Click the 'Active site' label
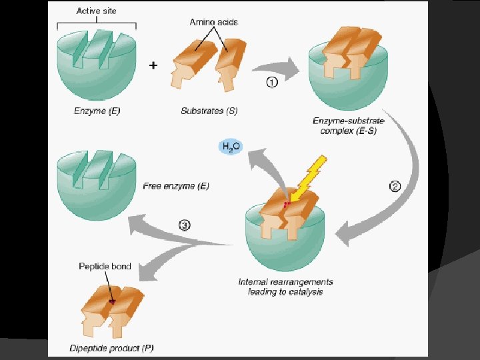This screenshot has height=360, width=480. [97, 11]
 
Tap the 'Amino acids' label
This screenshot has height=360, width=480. [213, 22]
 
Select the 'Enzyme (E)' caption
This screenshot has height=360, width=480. [97, 111]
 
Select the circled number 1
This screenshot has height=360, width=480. [271, 84]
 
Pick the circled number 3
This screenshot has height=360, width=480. [184, 225]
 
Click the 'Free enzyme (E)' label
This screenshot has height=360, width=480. [176, 186]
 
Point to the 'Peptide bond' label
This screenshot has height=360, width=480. [105, 267]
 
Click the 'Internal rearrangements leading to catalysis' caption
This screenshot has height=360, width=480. [285, 287]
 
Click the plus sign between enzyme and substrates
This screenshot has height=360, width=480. [153, 66]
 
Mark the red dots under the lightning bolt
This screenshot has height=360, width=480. [287, 203]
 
